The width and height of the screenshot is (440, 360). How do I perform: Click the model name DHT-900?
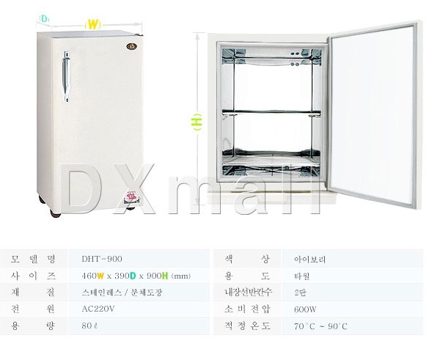[102, 259]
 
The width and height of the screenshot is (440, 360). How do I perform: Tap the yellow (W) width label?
[92, 24]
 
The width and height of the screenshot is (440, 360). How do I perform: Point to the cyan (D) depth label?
[44, 19]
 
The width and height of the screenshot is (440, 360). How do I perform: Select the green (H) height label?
[197, 122]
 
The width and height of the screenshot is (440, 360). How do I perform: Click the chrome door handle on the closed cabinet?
[66, 76]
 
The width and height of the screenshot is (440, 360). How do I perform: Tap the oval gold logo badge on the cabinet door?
[131, 46]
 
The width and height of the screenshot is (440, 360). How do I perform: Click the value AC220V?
[98, 309]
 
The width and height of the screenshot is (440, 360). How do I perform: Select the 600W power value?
[305, 309]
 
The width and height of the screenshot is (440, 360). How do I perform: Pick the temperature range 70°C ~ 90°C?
[320, 326]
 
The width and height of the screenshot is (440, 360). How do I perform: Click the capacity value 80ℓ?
[89, 326]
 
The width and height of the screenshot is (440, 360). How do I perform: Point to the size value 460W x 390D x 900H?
[136, 276]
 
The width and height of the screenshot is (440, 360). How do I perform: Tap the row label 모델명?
[34, 259]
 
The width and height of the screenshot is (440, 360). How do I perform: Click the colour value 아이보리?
[309, 260]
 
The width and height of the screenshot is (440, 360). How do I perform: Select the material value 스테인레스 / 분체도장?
[122, 293]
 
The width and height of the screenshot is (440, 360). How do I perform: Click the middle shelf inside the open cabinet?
[271, 112]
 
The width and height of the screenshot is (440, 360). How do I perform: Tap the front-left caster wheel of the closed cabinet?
[55, 214]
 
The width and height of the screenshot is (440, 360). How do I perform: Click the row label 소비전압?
[247, 309]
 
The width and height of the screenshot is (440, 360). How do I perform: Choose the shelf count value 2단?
[300, 293]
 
